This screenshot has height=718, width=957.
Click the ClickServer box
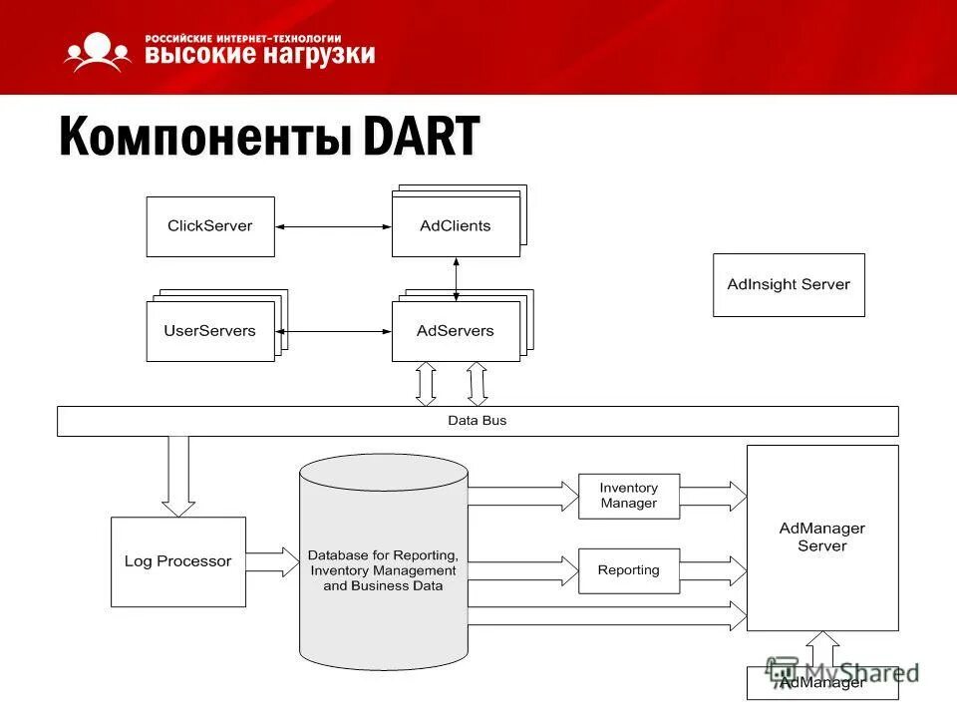210,226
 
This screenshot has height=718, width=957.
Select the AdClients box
456,226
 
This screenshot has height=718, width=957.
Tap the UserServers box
209,331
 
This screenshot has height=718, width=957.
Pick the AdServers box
456,331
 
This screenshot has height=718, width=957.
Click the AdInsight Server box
789,284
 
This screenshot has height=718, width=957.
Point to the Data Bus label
477,421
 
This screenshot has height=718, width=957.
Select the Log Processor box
177,561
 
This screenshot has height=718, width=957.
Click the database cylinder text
384,570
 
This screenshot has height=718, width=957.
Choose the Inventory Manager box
628,496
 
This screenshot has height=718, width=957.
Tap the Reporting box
628,570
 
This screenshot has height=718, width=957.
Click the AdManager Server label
822,537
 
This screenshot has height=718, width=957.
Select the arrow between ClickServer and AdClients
333,227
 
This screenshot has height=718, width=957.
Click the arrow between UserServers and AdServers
333,331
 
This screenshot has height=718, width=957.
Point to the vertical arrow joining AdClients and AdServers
457,279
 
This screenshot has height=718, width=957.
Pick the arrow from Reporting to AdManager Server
713,571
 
